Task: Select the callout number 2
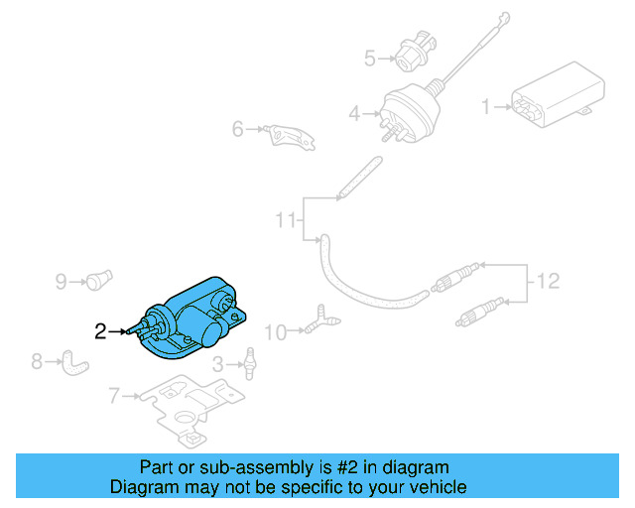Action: [100, 331]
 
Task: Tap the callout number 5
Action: [369, 59]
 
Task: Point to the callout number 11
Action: [286, 219]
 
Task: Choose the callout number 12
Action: [548, 282]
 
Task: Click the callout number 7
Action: [114, 397]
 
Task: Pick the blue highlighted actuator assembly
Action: [193, 317]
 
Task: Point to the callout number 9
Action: [61, 282]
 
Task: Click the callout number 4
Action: [354, 115]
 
